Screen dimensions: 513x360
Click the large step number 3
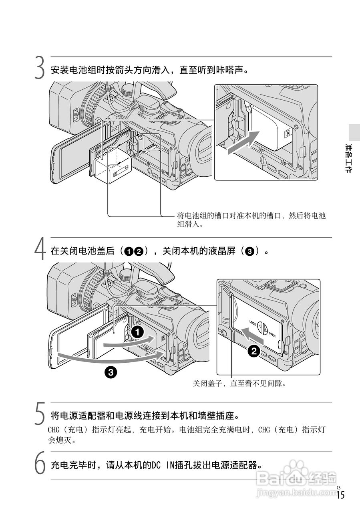point(39,68)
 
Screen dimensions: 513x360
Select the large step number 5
point(39,414)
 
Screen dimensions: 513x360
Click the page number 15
point(340,495)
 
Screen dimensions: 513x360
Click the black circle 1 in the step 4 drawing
point(137,331)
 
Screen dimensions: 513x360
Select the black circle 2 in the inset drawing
point(253,351)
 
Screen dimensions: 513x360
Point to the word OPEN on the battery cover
point(272,334)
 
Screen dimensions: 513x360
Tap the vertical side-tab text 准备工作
point(348,158)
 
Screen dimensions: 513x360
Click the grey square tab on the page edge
point(354,132)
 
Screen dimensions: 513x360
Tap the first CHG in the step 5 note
point(54,430)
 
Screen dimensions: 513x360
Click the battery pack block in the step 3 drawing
point(109,164)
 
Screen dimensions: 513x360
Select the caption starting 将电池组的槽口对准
point(251,220)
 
